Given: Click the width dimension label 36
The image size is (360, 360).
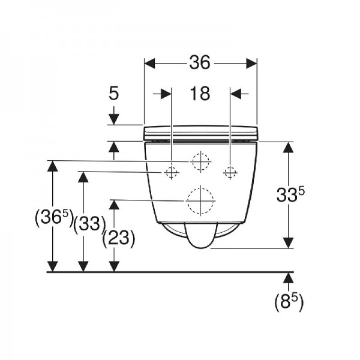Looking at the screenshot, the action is pos(200,62).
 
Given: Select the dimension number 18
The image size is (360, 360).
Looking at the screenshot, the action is pos(200,94).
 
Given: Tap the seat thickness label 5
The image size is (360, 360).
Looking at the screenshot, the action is pos(113,93).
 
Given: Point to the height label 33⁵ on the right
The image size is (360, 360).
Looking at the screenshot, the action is pos(290,194).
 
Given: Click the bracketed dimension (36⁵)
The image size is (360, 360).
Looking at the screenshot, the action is pos(54,218).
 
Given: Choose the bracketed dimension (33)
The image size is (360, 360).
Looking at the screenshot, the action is pos(90,224).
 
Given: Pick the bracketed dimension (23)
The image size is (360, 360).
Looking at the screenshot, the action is pos(118,238).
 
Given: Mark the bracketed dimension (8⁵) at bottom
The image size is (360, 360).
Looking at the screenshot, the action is pos(289,302).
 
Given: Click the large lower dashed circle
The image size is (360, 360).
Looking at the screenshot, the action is pos(200,201).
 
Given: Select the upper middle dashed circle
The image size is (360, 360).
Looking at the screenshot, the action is pos(201,162).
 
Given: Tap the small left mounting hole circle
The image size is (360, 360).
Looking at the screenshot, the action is pos(171,172).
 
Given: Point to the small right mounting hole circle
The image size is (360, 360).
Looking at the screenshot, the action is pos(230,172).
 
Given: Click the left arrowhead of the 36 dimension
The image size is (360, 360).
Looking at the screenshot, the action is pos(149,64).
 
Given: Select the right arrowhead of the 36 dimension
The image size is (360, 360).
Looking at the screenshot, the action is pos(251,64).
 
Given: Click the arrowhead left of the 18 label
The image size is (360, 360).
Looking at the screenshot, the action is pos(166,94).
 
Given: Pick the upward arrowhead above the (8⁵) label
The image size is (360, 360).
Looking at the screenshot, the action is pos(289,278).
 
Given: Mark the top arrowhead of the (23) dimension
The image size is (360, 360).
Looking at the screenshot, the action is pos(114,205).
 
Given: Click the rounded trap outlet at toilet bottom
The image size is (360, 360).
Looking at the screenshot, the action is pos(200,235).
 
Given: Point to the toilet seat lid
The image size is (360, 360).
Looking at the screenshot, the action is pos(200,133).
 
